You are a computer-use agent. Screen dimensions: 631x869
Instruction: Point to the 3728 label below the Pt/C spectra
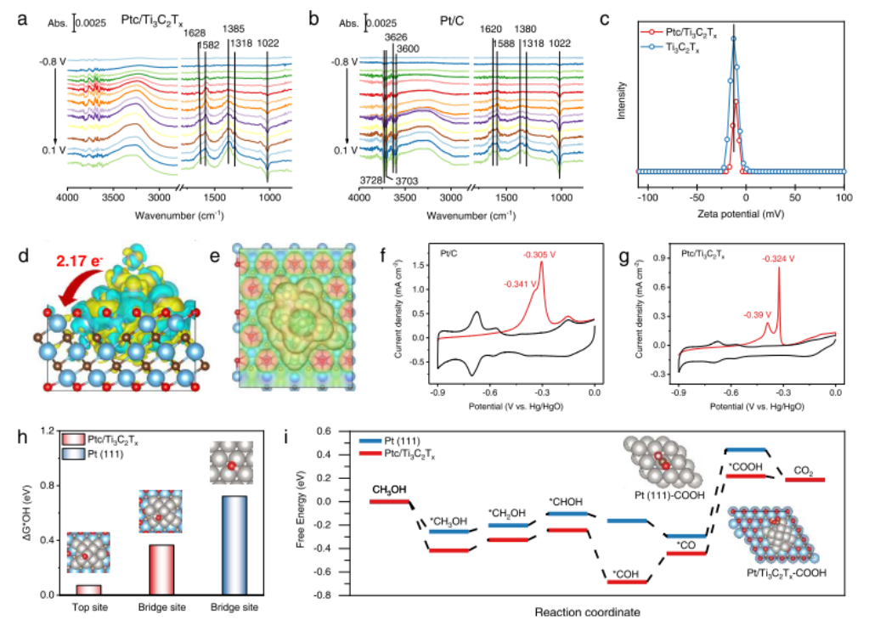click(371, 180)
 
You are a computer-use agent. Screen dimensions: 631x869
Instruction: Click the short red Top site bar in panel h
click(88, 589)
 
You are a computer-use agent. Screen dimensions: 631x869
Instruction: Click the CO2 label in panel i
click(802, 469)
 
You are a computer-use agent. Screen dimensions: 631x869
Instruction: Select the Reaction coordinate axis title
click(582, 611)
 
